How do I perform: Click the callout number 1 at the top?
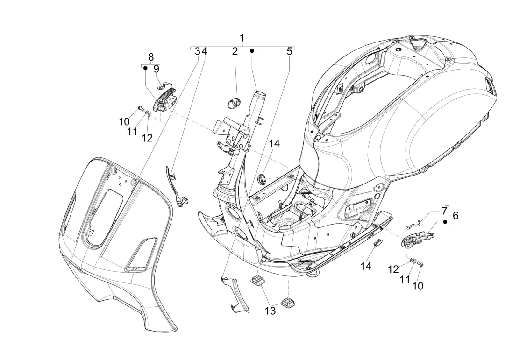242,37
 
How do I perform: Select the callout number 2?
235,51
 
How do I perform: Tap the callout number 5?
289,51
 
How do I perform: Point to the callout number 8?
150,57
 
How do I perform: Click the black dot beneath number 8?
145,68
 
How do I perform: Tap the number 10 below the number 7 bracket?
418,286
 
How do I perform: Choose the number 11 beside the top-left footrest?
133,132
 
